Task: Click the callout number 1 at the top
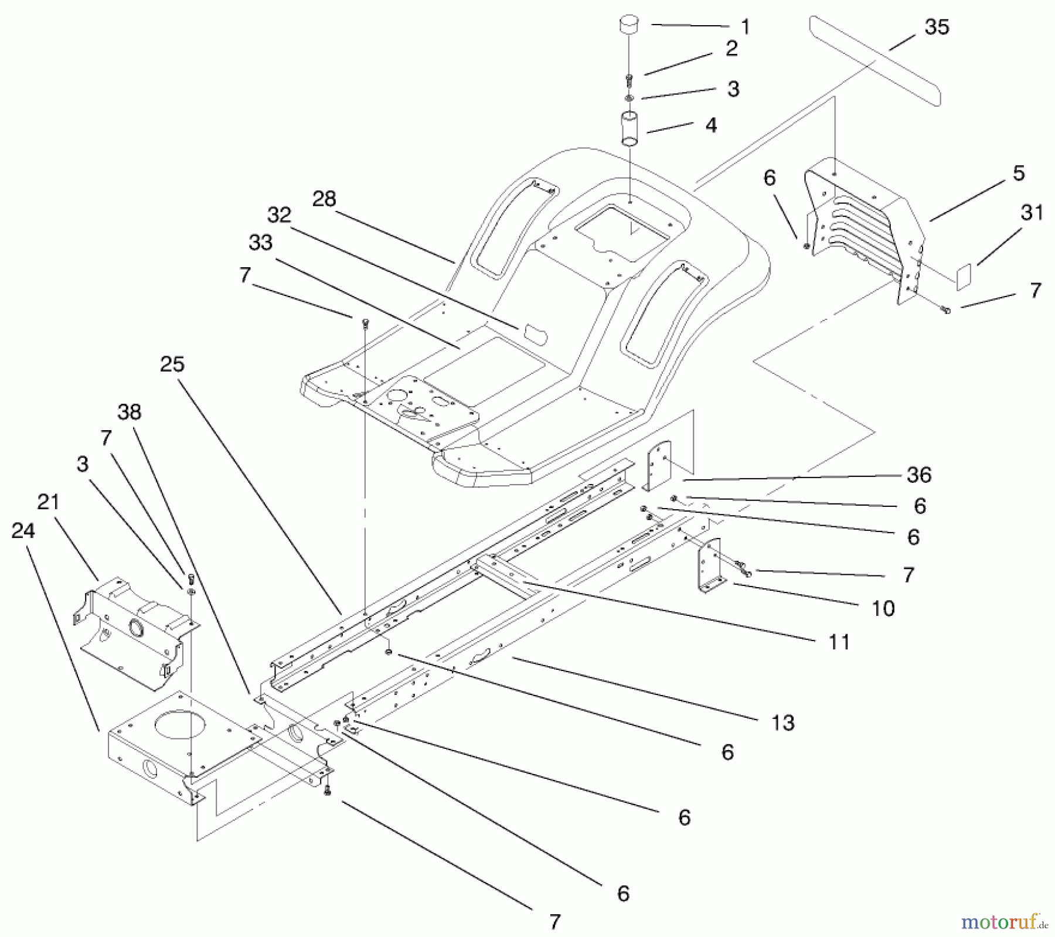744,28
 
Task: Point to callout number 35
936,27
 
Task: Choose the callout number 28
324,199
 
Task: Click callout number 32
279,215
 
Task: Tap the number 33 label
260,242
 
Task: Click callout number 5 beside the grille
1019,173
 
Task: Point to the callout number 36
918,475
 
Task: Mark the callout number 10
883,609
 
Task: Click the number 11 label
839,642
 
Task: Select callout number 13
783,723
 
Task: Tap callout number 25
172,364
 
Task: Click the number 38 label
129,412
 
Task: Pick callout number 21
49,502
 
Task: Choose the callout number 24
23,531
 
